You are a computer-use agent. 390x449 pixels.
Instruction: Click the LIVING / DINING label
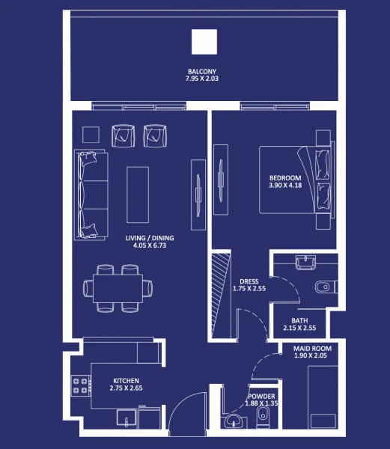tap(149, 238)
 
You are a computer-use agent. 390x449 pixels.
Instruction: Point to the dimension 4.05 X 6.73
tap(149, 245)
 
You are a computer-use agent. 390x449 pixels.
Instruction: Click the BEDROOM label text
tap(284, 177)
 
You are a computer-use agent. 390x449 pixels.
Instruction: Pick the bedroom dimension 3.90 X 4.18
tap(284, 185)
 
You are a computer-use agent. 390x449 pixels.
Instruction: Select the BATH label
tap(299, 320)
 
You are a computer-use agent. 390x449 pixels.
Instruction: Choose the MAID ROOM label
tap(311, 349)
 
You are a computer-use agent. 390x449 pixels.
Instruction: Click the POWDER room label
tap(262, 397)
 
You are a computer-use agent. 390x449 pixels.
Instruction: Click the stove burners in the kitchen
tap(77, 385)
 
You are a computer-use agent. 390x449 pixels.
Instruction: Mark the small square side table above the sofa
tap(91, 135)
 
